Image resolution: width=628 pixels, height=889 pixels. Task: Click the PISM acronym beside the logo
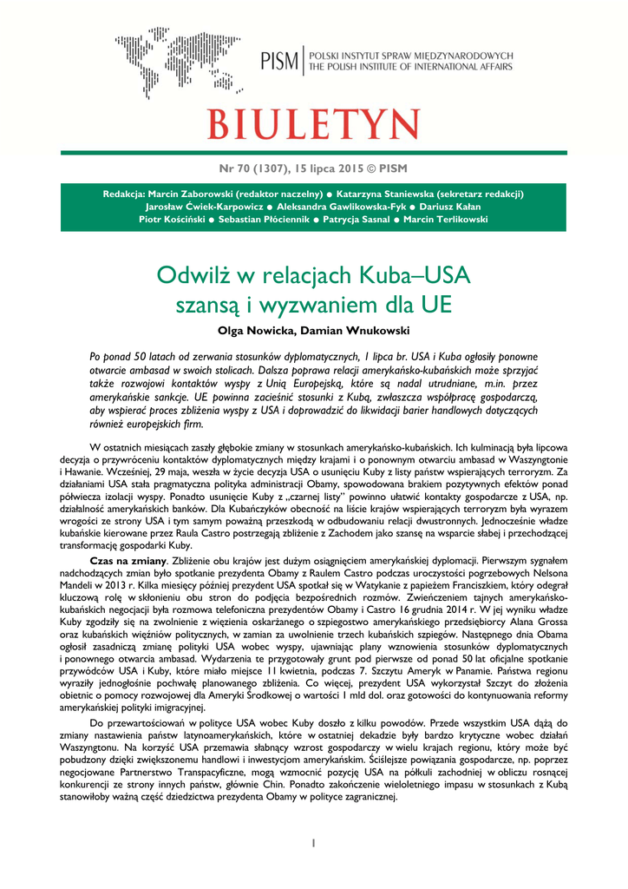pyautogui.click(x=279, y=61)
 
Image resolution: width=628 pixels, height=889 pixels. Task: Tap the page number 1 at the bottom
pyautogui.click(x=313, y=843)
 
